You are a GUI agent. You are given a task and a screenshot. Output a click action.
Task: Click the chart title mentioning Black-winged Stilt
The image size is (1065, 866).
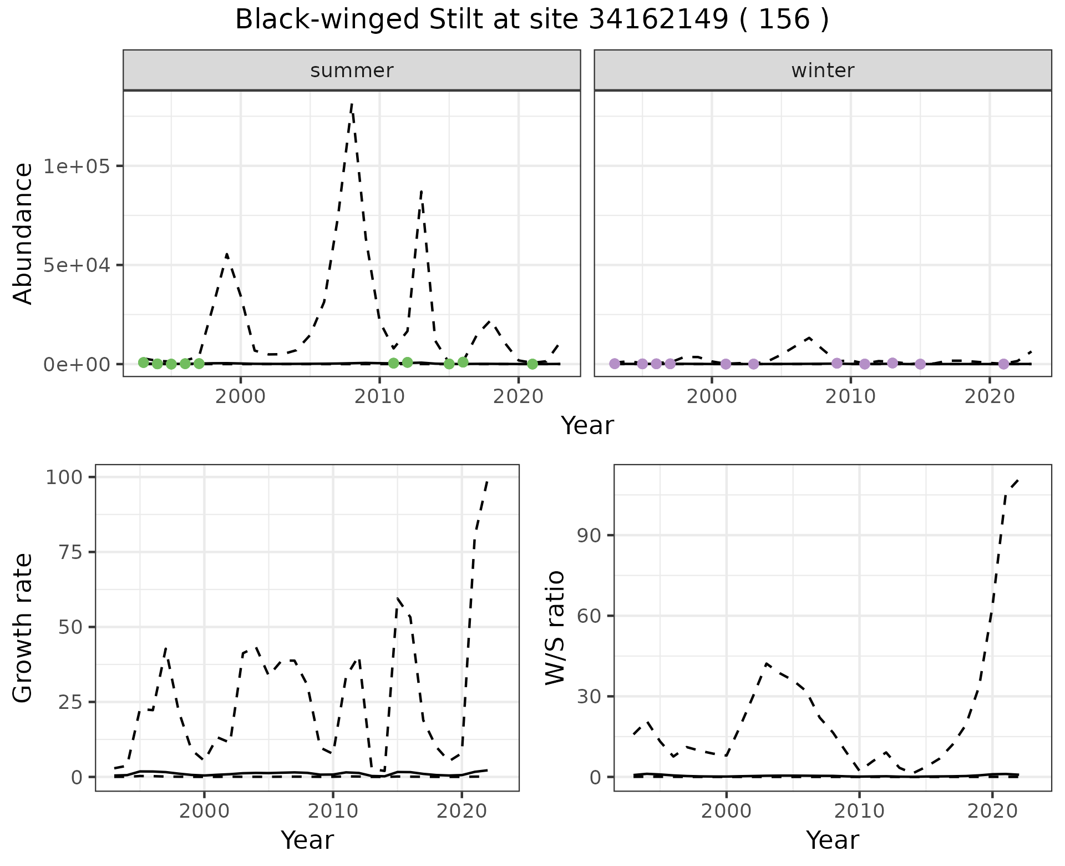click(532, 20)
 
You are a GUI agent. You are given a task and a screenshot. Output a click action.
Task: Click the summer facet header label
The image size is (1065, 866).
click(352, 71)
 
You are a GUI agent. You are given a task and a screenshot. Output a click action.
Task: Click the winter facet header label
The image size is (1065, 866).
click(823, 71)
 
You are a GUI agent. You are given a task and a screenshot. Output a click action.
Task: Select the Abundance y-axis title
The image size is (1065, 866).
click(23, 233)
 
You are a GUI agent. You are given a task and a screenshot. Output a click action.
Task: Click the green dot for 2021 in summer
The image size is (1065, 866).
click(532, 364)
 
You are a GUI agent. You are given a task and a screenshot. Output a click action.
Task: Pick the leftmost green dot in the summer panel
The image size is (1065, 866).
click(144, 362)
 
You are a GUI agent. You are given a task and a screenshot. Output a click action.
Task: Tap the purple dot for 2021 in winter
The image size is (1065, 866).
click(1003, 364)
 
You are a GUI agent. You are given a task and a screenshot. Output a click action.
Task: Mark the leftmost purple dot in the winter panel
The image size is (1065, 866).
click(615, 364)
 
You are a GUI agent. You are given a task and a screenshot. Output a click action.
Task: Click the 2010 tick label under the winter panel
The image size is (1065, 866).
click(850, 396)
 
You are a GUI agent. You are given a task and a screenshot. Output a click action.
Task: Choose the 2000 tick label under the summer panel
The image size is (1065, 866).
click(241, 396)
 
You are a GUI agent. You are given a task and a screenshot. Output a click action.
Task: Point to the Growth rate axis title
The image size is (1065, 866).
click(23, 627)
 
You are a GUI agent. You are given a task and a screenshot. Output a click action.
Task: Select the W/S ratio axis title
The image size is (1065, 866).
click(555, 627)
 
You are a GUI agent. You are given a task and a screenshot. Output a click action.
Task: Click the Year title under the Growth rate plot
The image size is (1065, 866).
click(307, 840)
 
